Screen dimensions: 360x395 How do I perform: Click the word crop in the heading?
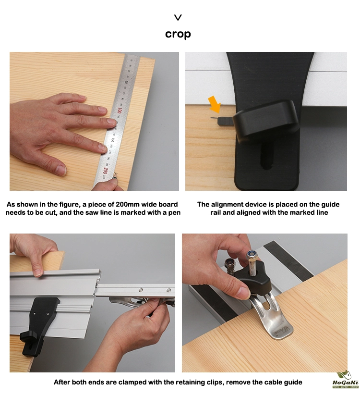coord(178,34)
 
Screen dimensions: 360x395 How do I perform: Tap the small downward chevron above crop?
coord(178,17)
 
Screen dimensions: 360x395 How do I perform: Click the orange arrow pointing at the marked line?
coord(215,104)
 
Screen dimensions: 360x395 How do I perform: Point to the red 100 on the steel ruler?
coord(119,111)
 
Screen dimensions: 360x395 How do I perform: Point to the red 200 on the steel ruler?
coord(105,171)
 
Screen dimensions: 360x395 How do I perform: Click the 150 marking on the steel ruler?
coord(113,140)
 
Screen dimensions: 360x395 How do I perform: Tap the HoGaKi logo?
coord(346,380)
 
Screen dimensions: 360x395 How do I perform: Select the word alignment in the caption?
coord(229,205)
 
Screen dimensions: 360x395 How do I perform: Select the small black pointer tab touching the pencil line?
coord(225,121)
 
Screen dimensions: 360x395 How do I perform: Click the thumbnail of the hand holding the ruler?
coord(94,121)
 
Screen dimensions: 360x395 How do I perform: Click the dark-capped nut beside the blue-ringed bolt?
coord(229,263)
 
